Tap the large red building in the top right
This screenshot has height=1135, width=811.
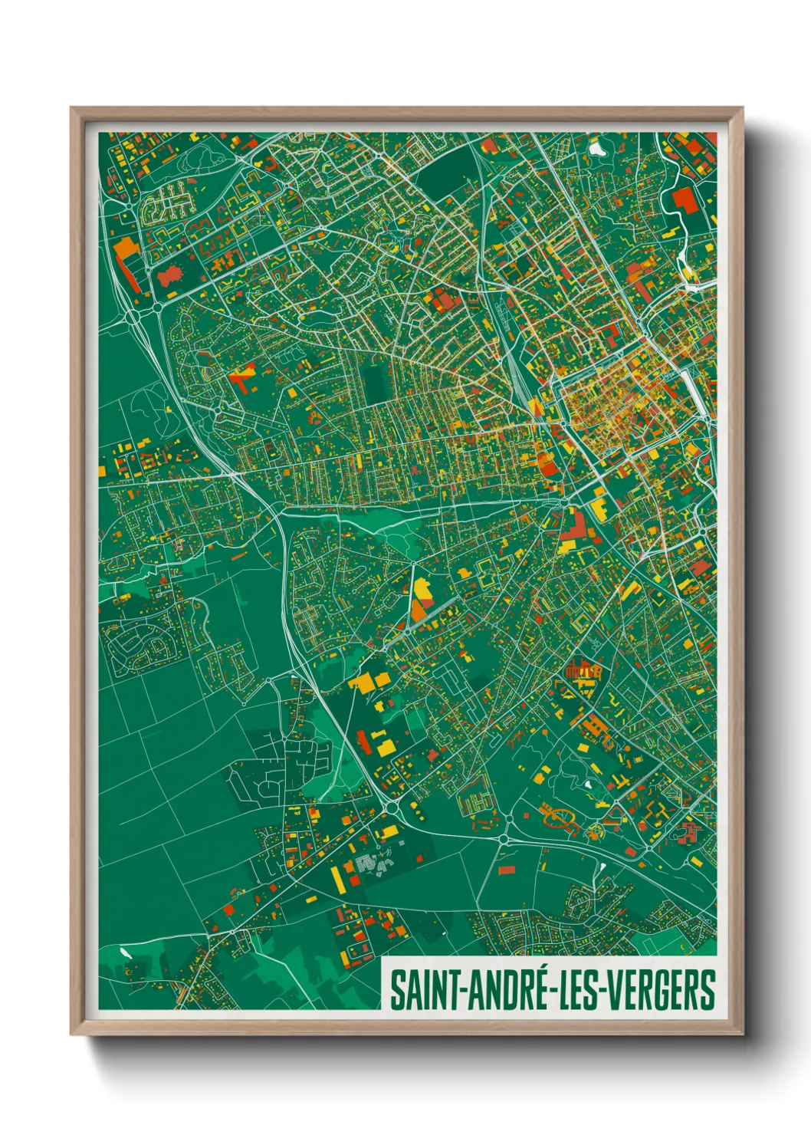685,199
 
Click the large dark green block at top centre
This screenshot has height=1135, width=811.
445,175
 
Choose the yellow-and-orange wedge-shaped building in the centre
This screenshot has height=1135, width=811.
421,598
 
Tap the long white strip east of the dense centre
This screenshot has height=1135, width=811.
694,391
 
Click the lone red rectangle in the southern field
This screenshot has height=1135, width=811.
506,870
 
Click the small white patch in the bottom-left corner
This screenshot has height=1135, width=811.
126,954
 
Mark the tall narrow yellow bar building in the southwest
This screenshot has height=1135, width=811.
336,878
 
